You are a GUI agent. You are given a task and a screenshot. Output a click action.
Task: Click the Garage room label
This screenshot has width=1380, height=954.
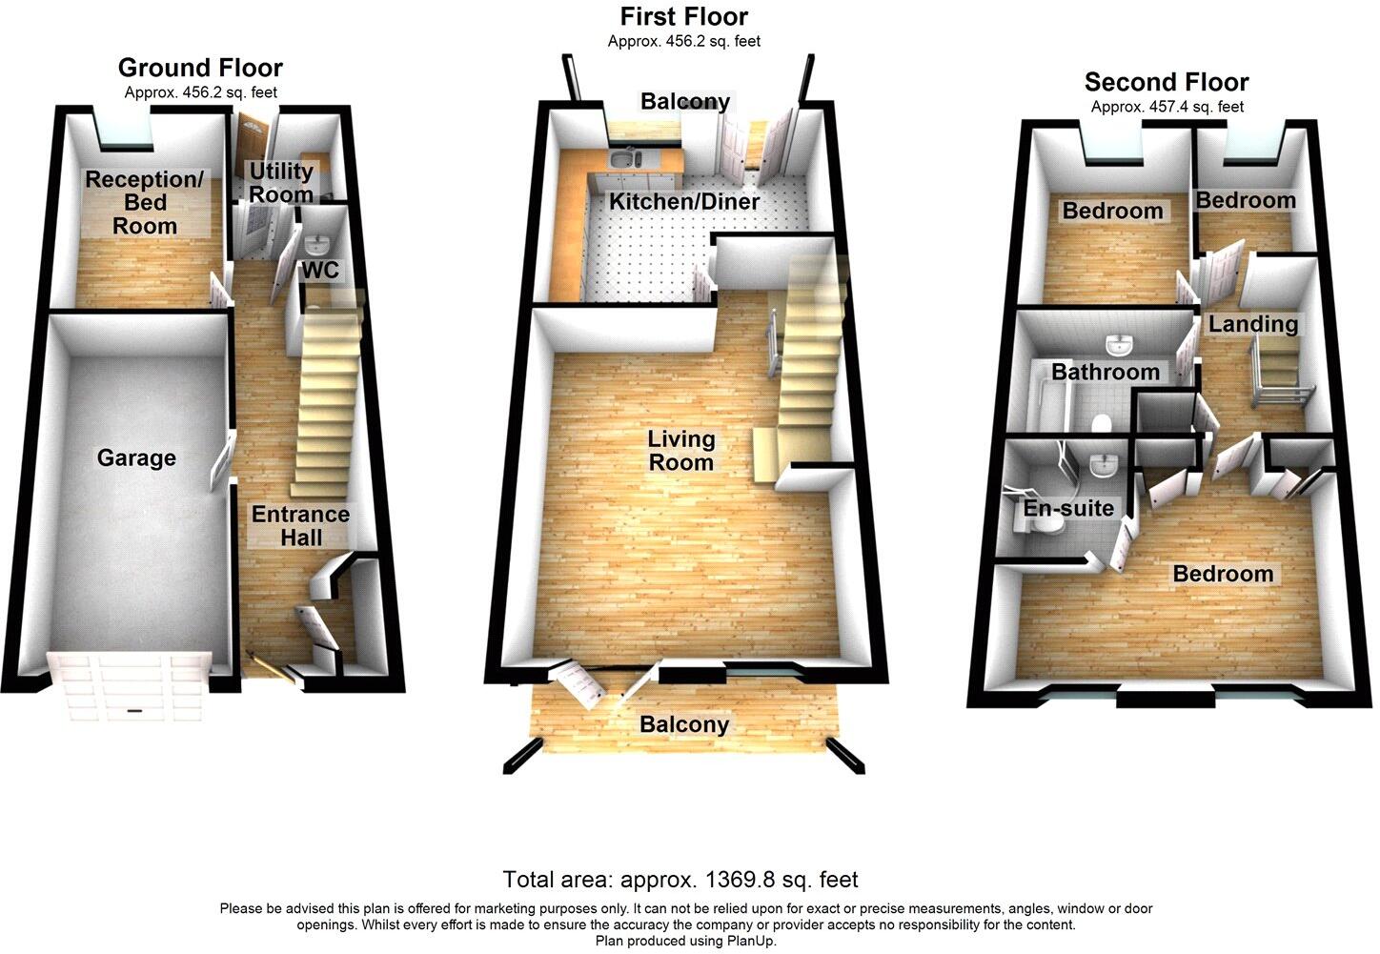pyautogui.click(x=136, y=458)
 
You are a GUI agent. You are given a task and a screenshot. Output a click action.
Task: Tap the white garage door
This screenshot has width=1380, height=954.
pyautogui.click(x=130, y=686)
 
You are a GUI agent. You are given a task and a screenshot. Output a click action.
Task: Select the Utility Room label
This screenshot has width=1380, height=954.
pyautogui.click(x=280, y=182)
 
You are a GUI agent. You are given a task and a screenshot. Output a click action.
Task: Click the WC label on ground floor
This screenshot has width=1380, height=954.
pyautogui.click(x=320, y=271)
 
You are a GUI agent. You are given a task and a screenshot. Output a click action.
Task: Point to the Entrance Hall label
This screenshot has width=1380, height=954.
pyautogui.click(x=300, y=526)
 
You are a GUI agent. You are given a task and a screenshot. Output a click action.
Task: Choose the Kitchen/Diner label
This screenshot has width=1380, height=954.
pyautogui.click(x=684, y=202)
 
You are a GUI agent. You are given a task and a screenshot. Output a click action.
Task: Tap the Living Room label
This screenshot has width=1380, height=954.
pyautogui.click(x=680, y=451)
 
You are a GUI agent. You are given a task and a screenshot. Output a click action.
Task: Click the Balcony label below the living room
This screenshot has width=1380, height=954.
pyautogui.click(x=684, y=724)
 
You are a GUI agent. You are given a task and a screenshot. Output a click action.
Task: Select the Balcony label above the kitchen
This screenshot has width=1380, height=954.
pyautogui.click(x=685, y=101)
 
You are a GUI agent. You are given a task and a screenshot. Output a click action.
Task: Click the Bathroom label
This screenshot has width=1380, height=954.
pyautogui.click(x=1106, y=372)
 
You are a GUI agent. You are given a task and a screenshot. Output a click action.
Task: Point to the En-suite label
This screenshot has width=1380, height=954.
pyautogui.click(x=1068, y=508)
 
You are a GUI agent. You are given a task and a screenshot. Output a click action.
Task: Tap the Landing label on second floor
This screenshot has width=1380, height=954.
pyautogui.click(x=1253, y=324)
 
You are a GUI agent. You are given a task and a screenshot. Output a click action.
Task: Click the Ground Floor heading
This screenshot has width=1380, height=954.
pyautogui.click(x=200, y=68)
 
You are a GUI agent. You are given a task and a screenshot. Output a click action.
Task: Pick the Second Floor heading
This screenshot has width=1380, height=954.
pyautogui.click(x=1167, y=82)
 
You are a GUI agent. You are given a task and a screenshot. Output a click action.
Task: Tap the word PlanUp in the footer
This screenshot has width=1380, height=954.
pyautogui.click(x=750, y=941)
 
